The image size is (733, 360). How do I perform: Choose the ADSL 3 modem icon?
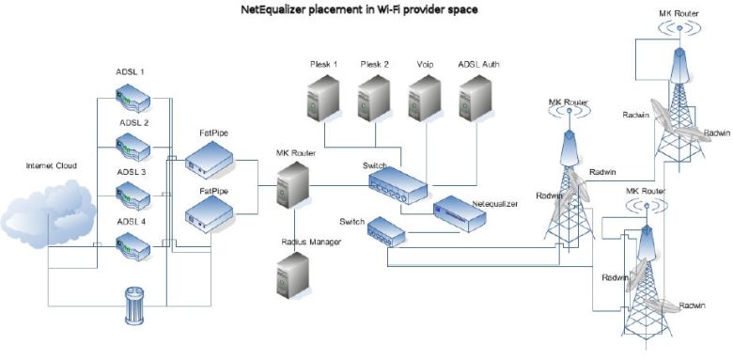click(x=132, y=196)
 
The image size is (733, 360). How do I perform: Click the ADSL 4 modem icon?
click(x=132, y=245)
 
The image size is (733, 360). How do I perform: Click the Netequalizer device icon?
click(x=460, y=216)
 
